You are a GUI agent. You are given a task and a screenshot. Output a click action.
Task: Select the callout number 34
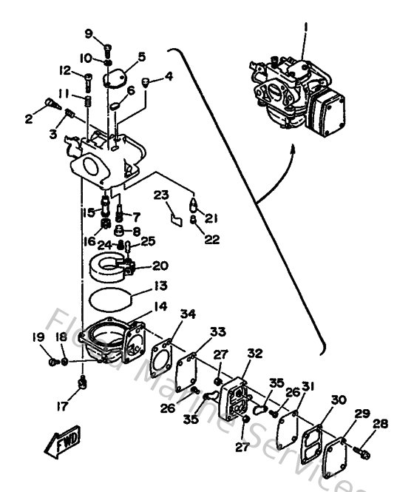(189, 314)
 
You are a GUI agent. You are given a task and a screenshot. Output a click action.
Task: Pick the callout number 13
(160, 285)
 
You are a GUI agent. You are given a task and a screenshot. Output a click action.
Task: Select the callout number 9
(88, 34)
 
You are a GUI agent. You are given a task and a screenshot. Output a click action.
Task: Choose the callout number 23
(161, 195)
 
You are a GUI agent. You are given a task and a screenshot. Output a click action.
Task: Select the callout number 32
(254, 354)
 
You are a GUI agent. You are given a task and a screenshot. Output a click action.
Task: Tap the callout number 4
(169, 75)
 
